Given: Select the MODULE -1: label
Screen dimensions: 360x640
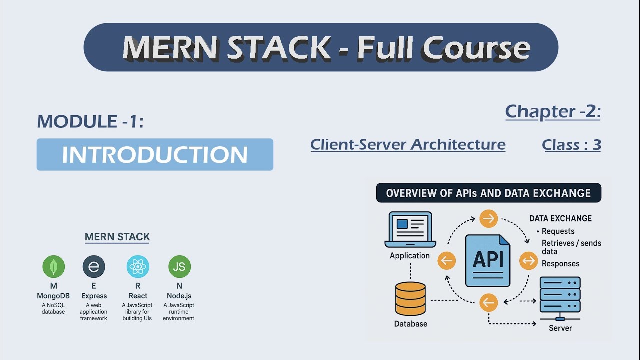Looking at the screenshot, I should click(x=90, y=121).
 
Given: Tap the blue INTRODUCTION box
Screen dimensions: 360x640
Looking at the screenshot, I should click(x=155, y=155).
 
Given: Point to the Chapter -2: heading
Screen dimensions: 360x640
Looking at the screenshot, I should click(x=553, y=111).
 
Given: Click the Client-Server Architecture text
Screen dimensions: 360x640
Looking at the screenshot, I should click(x=408, y=144).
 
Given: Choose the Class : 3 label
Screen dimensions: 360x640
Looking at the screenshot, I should click(x=571, y=145).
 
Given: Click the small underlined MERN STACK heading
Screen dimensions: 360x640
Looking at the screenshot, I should click(x=117, y=237).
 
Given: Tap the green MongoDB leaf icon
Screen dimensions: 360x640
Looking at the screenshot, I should click(x=54, y=266).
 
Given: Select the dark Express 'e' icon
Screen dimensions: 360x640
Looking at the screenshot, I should click(x=94, y=266).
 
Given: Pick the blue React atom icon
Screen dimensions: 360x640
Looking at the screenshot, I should click(x=138, y=266).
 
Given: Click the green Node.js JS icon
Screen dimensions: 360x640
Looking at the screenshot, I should click(x=179, y=266).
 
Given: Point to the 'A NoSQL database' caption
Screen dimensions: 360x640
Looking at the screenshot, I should click(x=54, y=308).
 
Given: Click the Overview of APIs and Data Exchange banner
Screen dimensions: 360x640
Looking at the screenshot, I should click(x=488, y=193).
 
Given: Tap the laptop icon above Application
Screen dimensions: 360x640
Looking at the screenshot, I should click(x=410, y=230).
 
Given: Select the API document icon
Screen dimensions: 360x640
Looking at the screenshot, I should click(x=488, y=260).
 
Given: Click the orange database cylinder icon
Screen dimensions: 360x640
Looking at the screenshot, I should click(x=410, y=299).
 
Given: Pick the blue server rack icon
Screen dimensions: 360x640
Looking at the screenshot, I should click(x=560, y=298).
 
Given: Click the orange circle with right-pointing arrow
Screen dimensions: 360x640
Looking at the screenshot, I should click(x=488, y=218).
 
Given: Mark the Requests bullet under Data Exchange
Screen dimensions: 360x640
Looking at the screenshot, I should click(x=558, y=231).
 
